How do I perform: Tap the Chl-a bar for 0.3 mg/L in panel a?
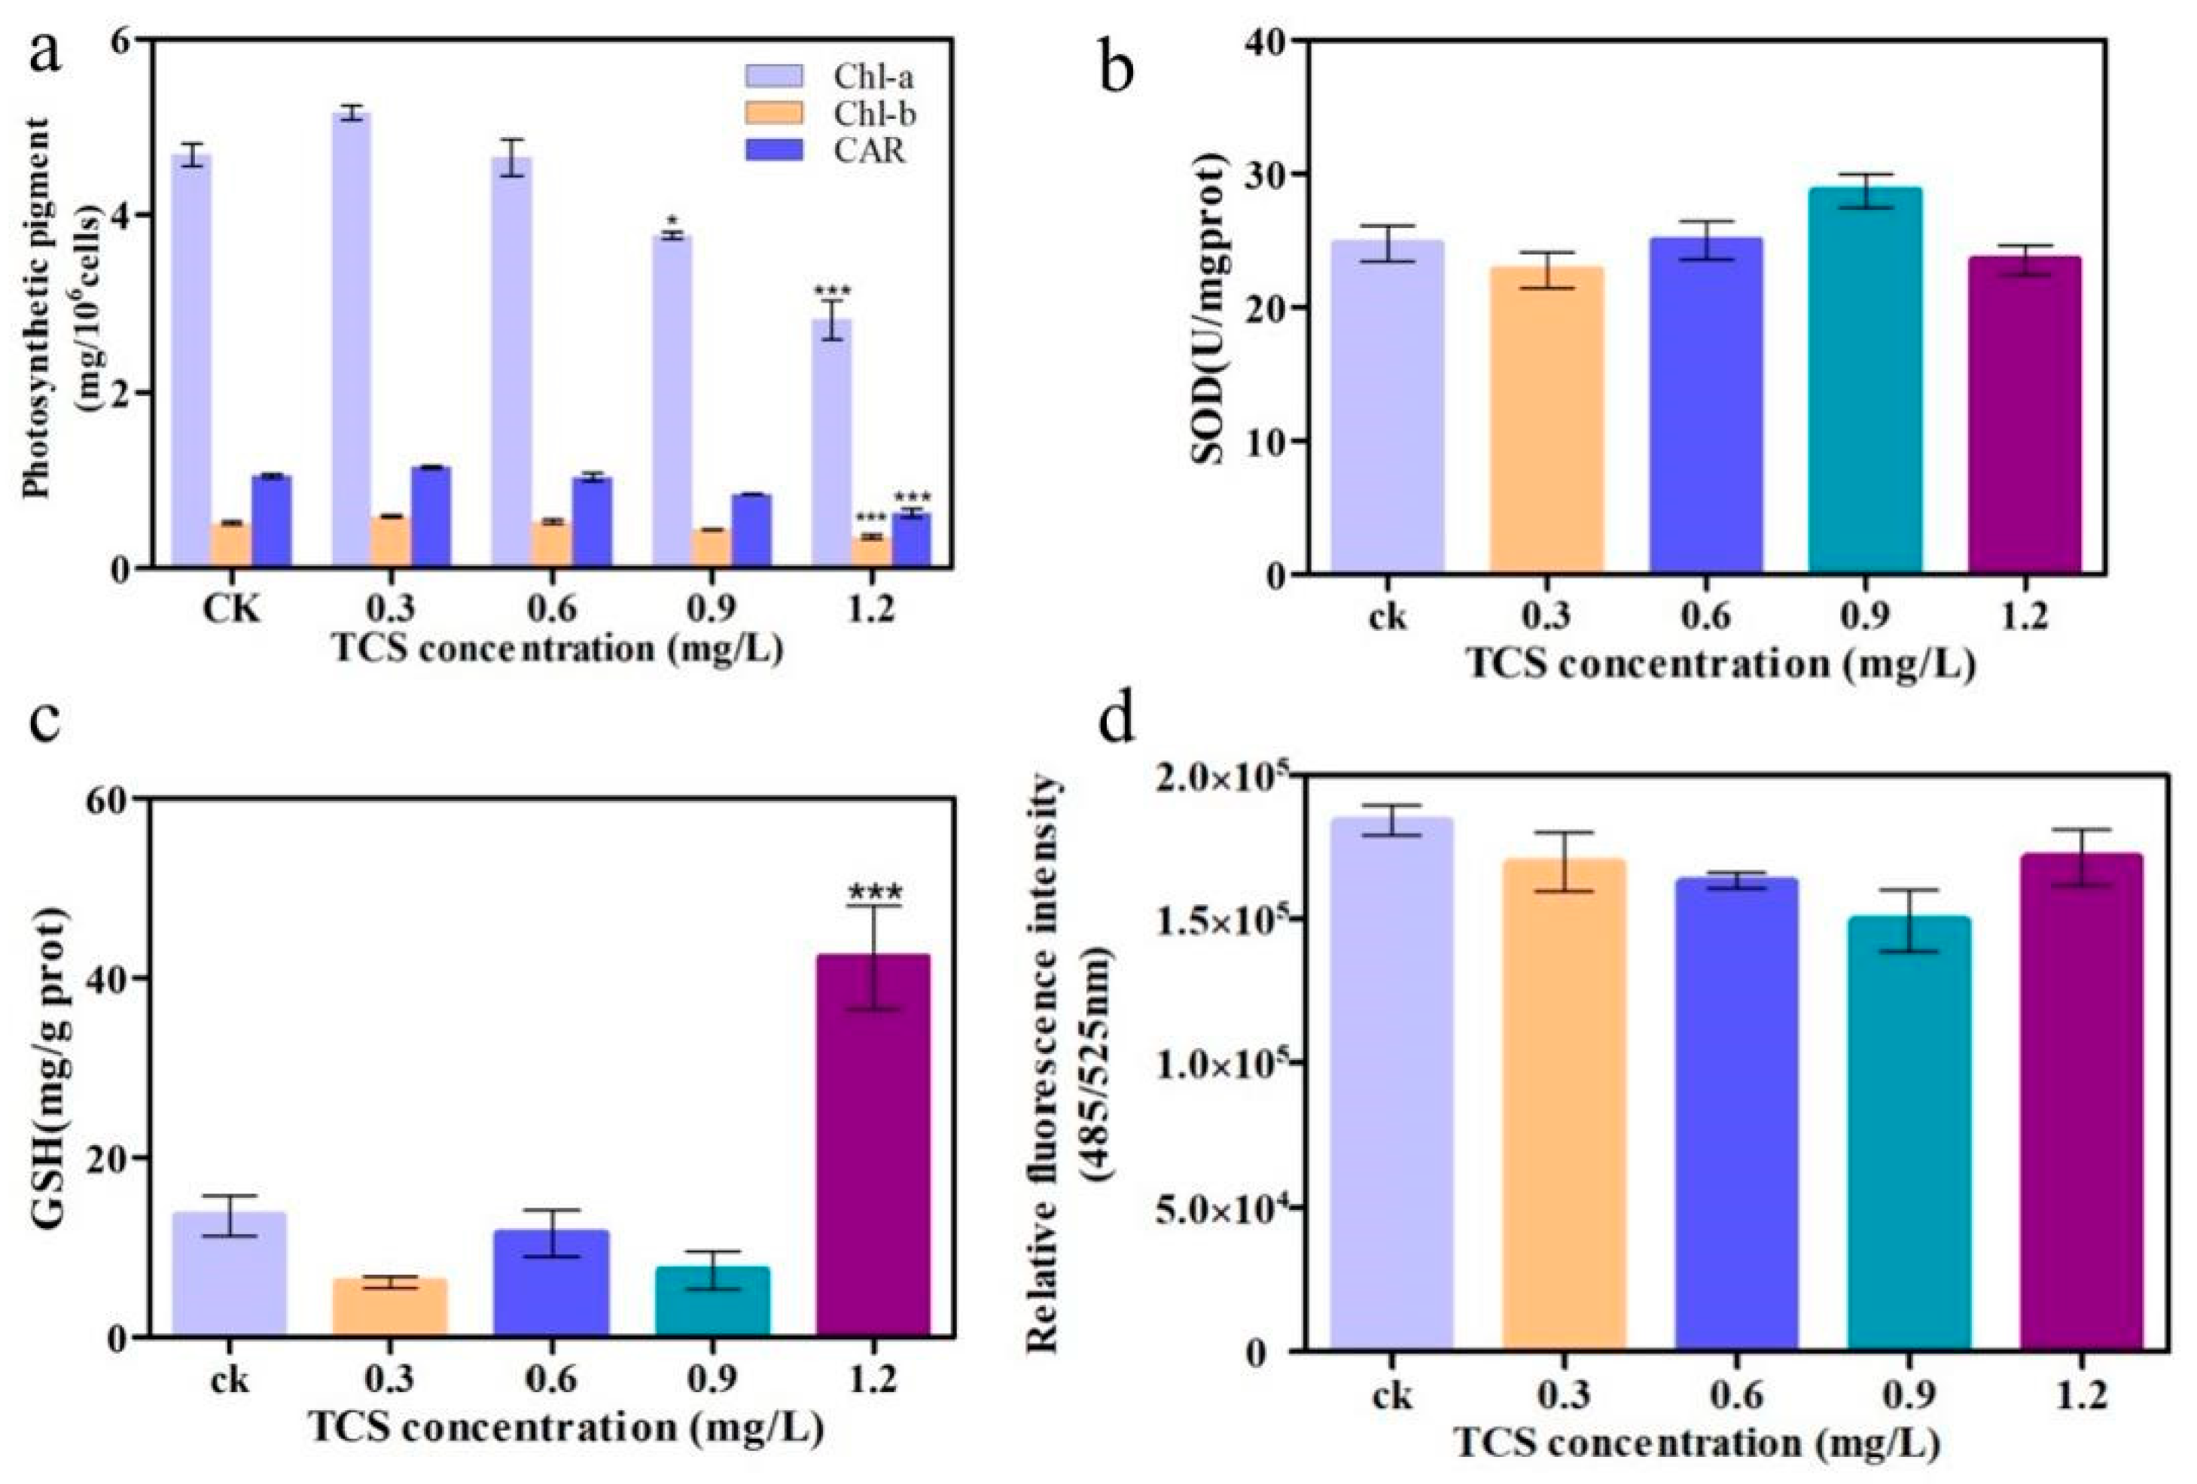tap(352, 340)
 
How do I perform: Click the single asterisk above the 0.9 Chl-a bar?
tap(672, 222)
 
